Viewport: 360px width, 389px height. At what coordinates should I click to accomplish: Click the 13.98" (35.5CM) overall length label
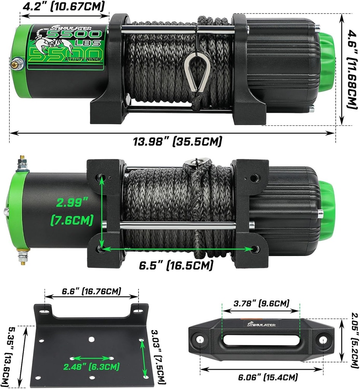click(x=177, y=141)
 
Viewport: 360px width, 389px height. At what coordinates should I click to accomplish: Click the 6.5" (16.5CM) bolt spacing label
click(x=175, y=265)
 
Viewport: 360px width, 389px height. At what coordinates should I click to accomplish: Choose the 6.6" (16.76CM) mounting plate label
click(x=92, y=291)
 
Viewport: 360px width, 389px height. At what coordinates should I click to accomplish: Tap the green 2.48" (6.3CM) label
click(x=92, y=367)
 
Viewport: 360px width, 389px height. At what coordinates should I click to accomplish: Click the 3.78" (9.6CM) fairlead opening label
click(x=261, y=304)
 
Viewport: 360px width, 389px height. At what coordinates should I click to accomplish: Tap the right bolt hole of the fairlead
click(x=322, y=340)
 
